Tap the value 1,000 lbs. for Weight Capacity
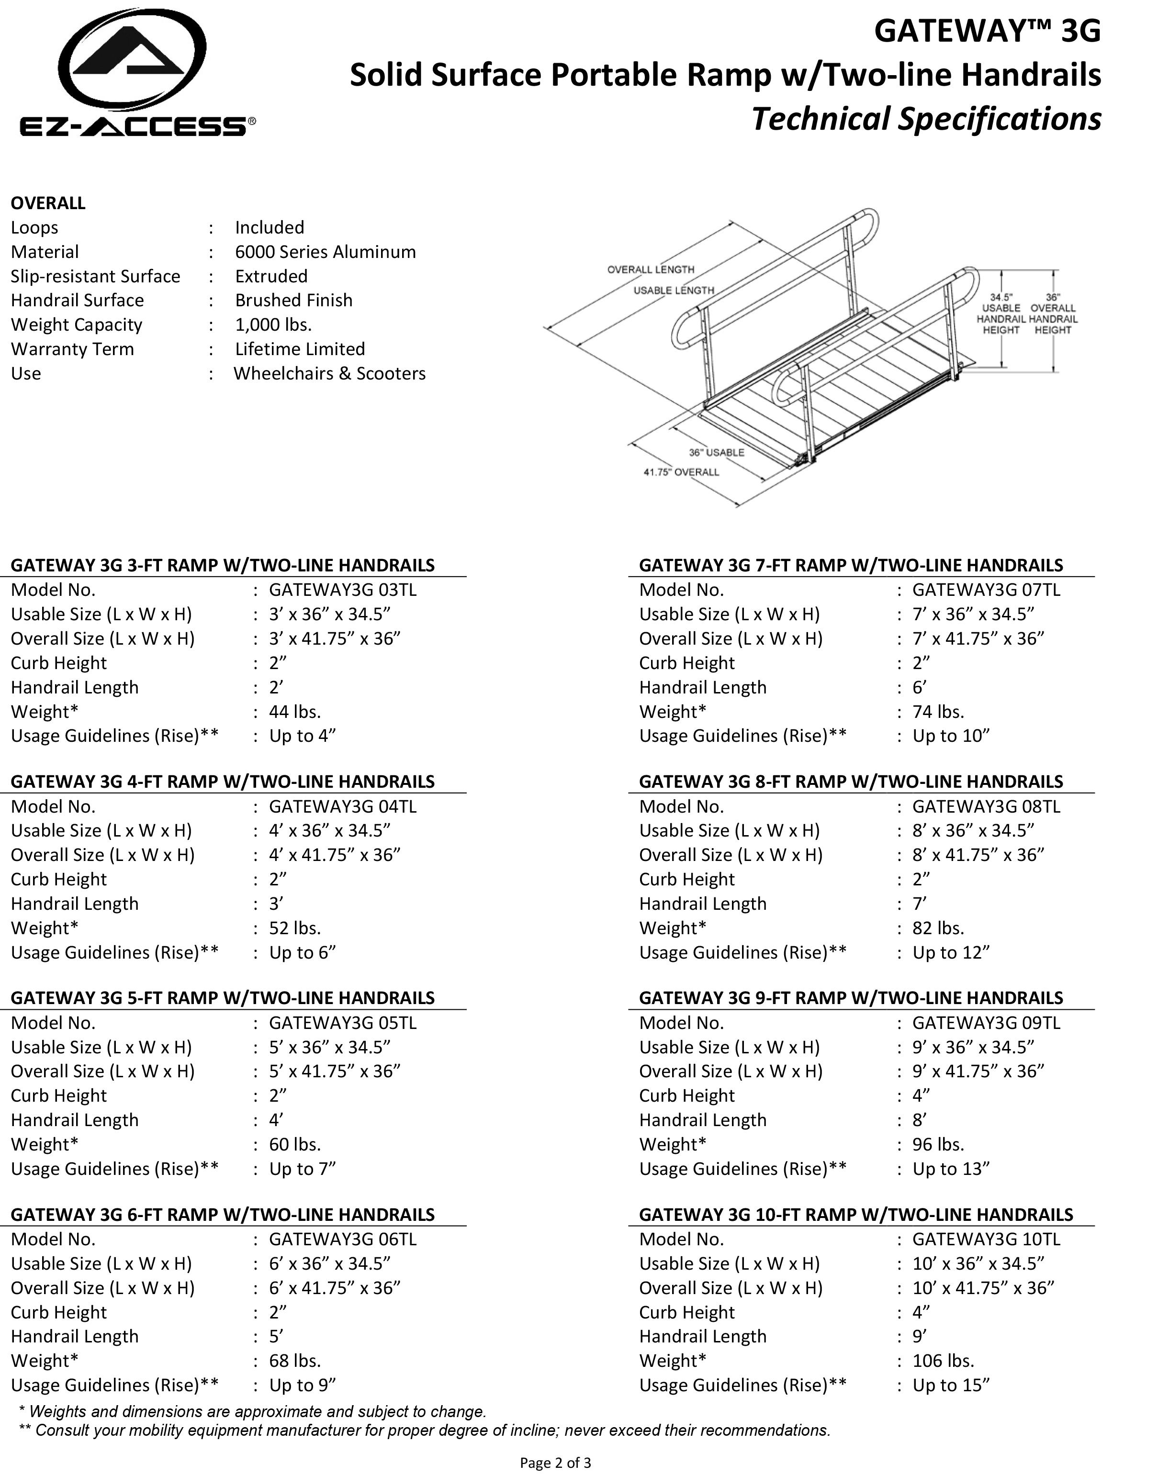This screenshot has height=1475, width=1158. tap(273, 324)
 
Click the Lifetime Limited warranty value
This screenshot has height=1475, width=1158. tap(300, 349)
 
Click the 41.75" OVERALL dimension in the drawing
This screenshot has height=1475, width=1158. tap(681, 472)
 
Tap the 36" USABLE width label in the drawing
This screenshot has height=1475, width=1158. tap(716, 452)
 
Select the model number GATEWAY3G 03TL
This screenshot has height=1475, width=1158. tap(342, 590)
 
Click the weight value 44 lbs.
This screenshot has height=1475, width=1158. tap(295, 712)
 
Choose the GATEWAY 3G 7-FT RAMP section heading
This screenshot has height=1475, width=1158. tap(851, 565)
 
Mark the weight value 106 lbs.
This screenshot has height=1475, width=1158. tap(943, 1361)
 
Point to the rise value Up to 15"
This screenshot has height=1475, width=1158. tap(951, 1386)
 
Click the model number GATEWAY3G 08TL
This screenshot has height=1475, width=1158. tap(986, 806)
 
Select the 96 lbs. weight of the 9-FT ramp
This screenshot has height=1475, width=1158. tap(938, 1145)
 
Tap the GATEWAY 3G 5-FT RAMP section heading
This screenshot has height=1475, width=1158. tap(223, 998)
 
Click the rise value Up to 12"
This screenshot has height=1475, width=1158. tap(951, 953)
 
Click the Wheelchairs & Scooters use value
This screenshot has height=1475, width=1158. tap(329, 373)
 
